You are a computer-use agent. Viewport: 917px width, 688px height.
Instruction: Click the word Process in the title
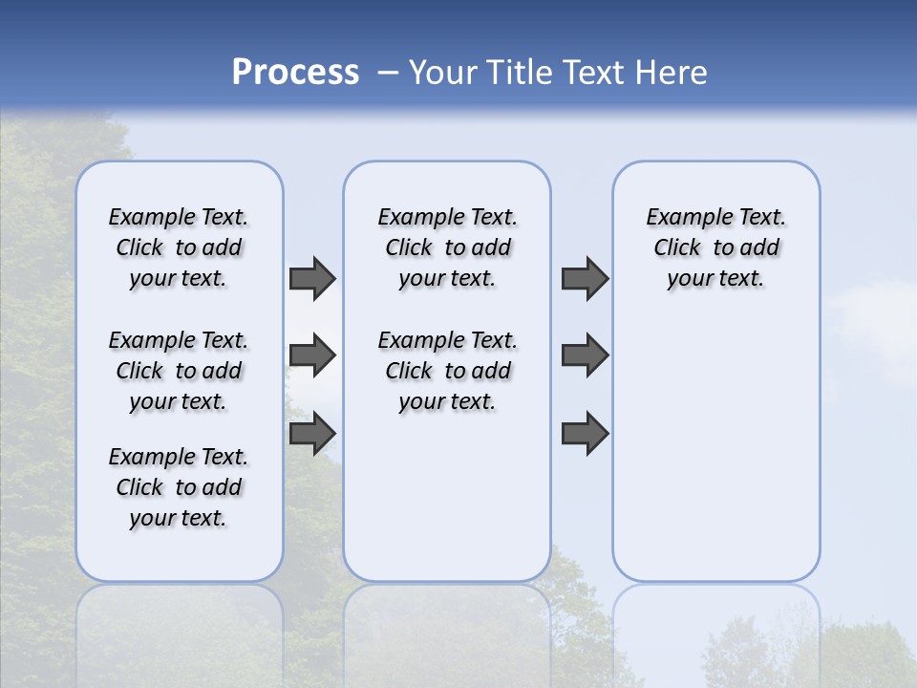coord(295,73)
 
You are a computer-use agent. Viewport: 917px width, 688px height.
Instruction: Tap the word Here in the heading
coord(672,73)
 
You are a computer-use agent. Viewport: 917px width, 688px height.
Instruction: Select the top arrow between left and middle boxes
coord(312,278)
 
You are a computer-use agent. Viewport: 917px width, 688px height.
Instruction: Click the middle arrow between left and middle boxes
coord(312,355)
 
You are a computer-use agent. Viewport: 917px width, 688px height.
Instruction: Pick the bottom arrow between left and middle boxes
coord(312,433)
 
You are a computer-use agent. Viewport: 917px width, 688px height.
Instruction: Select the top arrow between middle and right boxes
coord(585,278)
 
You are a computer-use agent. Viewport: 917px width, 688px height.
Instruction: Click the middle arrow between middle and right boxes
coord(585,355)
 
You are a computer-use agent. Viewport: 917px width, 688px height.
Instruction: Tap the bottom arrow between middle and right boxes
coord(585,433)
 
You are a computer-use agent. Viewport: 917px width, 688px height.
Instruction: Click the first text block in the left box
coord(179,247)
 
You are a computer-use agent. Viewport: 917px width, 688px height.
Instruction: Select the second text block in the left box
coord(179,371)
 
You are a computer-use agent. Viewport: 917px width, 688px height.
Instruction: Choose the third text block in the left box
coord(179,487)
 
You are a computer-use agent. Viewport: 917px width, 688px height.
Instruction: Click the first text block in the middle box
coord(447,247)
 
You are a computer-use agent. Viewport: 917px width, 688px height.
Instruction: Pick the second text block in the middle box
coord(447,371)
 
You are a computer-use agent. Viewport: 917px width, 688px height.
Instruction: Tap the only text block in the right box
coord(716,247)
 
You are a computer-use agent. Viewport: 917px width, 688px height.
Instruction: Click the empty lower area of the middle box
coord(447,497)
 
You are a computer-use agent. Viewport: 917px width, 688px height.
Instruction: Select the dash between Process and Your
coord(388,73)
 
